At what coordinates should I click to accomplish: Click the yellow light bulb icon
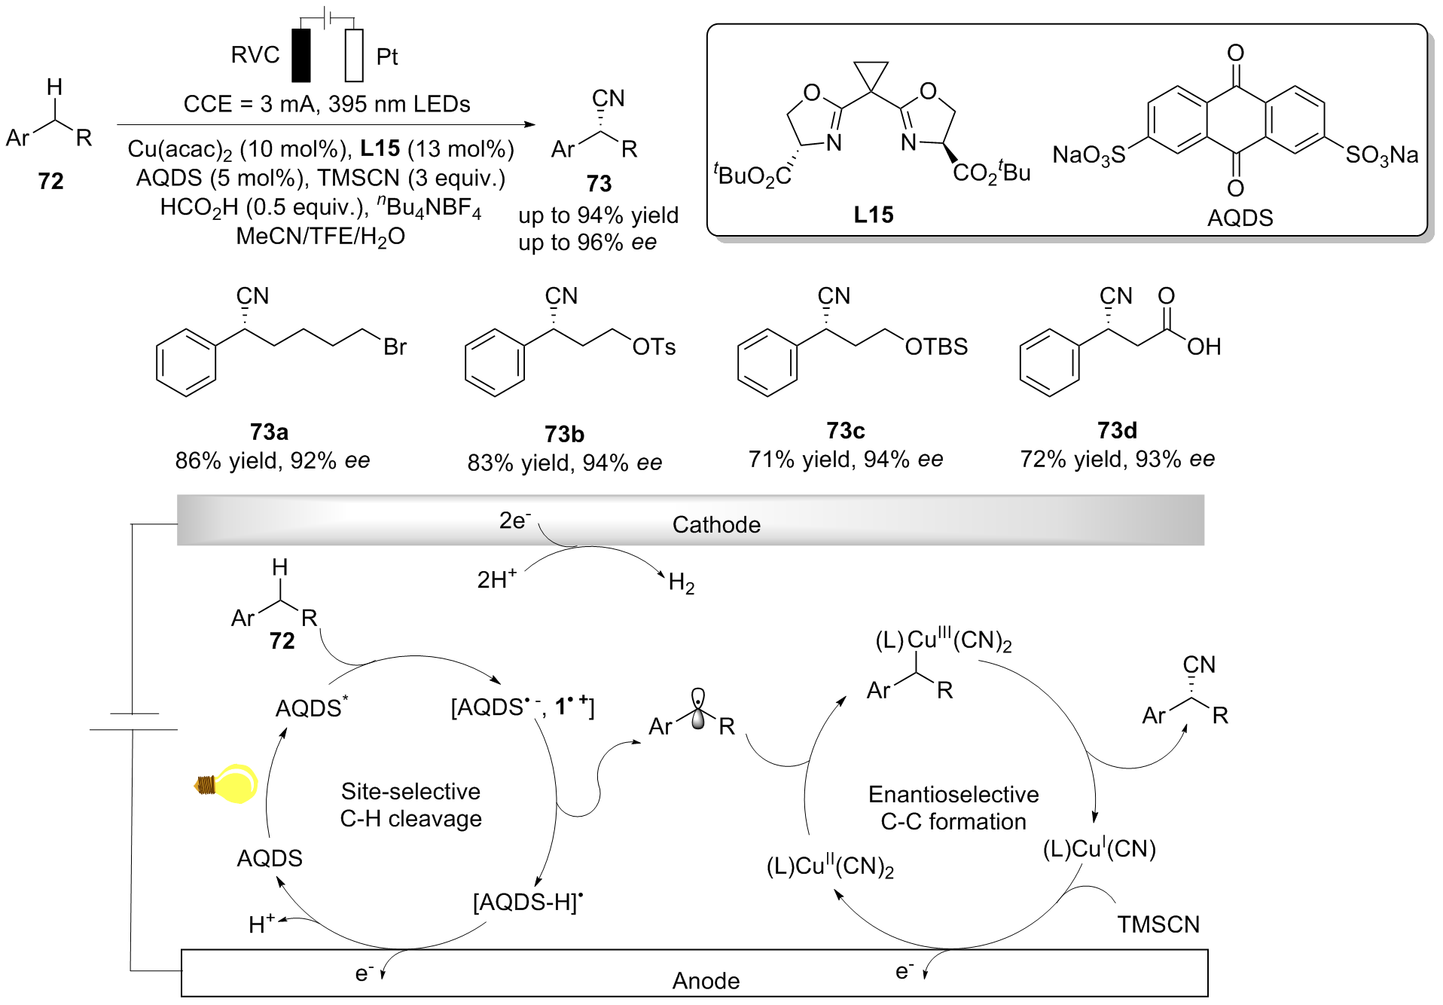228,784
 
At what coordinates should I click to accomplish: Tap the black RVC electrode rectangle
301,55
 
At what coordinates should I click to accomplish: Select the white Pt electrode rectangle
354,55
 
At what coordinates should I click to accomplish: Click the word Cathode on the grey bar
716,524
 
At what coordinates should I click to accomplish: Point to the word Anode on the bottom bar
706,980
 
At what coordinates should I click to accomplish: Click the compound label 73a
269,432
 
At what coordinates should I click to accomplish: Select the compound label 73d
1117,430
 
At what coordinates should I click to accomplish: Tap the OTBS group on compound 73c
936,347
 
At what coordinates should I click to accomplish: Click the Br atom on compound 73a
395,347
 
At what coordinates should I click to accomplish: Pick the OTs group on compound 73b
654,347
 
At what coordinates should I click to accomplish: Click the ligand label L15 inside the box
873,215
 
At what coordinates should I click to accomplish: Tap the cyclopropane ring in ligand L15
871,75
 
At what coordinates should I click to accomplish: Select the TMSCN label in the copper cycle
1158,924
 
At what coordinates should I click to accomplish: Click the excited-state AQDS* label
311,707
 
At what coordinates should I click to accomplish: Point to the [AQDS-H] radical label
528,902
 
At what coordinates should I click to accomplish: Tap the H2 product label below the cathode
681,582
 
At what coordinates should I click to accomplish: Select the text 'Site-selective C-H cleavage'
410,805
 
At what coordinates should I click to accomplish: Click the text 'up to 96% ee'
587,243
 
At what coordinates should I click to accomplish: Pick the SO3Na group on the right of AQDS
1381,155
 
